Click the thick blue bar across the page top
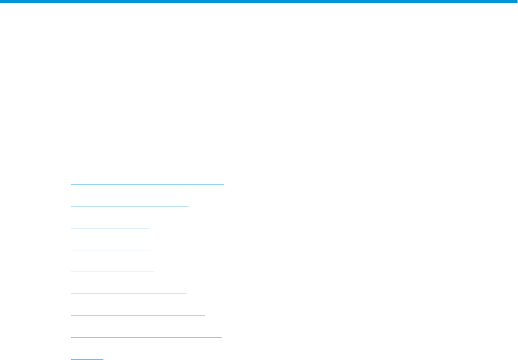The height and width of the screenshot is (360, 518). [259, 2]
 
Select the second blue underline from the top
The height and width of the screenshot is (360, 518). [129, 205]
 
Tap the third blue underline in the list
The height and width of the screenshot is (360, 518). [110, 227]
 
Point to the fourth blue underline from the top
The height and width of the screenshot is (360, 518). [110, 250]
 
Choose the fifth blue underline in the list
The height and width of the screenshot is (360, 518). [112, 272]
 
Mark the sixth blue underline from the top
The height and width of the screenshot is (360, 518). [128, 294]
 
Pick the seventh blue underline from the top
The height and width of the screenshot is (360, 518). [138, 316]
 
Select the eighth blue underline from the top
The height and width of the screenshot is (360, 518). [146, 338]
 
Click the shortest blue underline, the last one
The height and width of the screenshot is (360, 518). [87, 359]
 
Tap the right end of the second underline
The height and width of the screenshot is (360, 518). [188, 205]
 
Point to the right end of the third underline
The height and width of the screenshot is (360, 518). [149, 227]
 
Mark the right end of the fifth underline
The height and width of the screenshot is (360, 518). [154, 272]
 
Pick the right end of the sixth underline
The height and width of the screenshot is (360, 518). [186, 294]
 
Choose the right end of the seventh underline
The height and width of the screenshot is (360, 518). [205, 316]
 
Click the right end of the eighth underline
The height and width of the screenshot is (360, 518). [221, 338]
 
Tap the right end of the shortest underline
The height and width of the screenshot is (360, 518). [103, 359]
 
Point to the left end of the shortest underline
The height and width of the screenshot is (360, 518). [72, 359]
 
